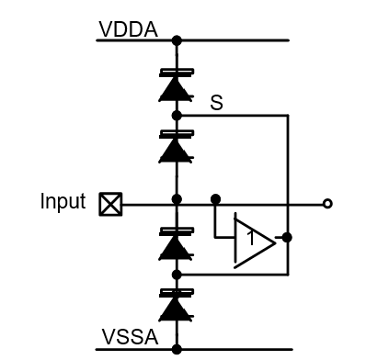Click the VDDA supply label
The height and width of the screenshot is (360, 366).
(128, 30)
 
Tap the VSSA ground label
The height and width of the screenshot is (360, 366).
(128, 339)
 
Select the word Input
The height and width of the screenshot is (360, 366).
(63, 201)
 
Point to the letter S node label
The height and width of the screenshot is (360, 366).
(217, 104)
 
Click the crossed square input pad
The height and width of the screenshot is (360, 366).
(109, 204)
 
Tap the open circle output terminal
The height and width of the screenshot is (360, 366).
(327, 204)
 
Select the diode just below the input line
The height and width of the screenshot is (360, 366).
(176, 243)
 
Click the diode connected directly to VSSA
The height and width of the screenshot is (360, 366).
(176, 306)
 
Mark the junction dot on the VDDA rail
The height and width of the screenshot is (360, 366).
(176, 40)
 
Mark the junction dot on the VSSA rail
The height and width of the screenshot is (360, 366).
(176, 349)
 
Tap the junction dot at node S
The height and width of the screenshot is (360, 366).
(176, 116)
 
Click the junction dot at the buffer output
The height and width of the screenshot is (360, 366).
(288, 237)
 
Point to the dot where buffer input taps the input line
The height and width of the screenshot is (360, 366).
(215, 198)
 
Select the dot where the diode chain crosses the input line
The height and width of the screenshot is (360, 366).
(176, 198)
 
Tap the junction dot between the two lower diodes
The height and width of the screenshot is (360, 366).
(176, 274)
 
